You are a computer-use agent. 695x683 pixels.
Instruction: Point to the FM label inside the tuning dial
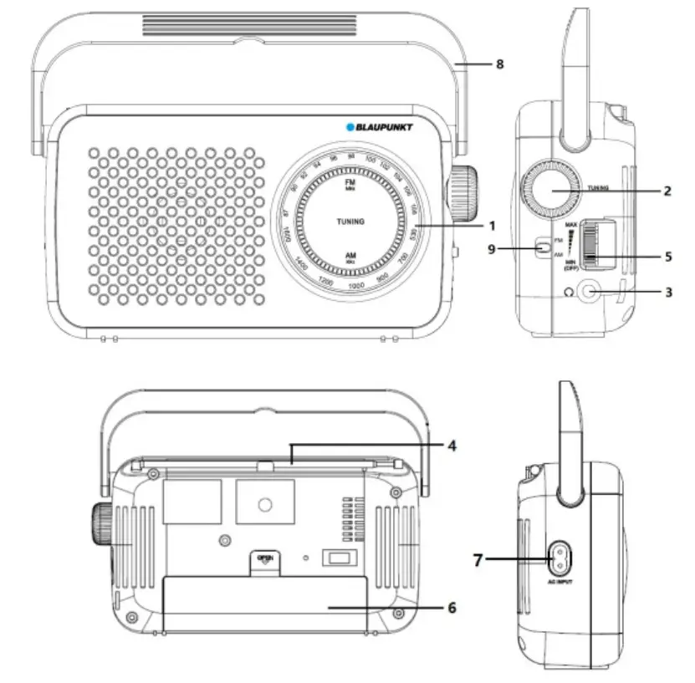click(x=350, y=182)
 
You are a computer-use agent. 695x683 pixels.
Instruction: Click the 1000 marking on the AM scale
click(x=355, y=286)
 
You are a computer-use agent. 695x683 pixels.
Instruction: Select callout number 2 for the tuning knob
click(x=667, y=191)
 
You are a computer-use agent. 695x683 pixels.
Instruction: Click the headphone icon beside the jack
click(x=569, y=293)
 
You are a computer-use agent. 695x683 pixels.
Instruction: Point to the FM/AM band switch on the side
click(x=544, y=247)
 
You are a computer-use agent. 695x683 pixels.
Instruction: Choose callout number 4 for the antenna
click(x=452, y=446)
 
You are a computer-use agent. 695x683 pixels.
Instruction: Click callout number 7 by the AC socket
click(x=479, y=558)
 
